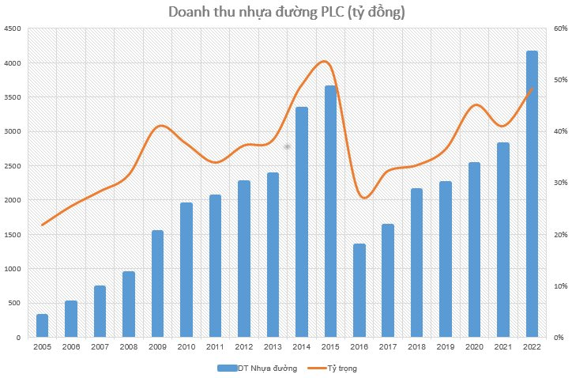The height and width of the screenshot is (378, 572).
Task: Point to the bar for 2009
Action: coord(157,284)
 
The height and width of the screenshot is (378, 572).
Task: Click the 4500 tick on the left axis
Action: coord(13,29)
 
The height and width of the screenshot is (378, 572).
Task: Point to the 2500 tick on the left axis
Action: coord(13,166)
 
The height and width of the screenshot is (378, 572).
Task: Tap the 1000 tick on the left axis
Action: coord(13,270)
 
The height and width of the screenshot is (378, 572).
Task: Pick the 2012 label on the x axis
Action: coord(244,347)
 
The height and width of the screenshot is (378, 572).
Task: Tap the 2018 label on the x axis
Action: coord(416,347)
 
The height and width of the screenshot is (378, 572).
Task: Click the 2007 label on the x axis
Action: coord(100,347)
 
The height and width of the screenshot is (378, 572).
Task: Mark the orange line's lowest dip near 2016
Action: coord(362,198)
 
